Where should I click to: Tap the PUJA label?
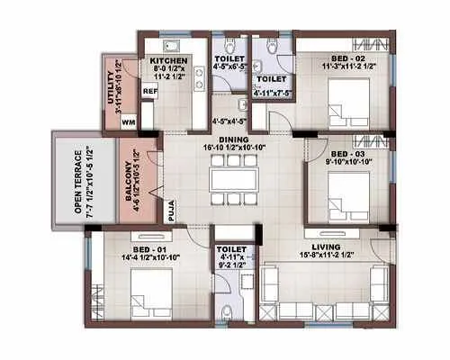[x=170, y=211]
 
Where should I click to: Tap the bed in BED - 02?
[x=346, y=95]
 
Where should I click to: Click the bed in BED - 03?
[x=346, y=192]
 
